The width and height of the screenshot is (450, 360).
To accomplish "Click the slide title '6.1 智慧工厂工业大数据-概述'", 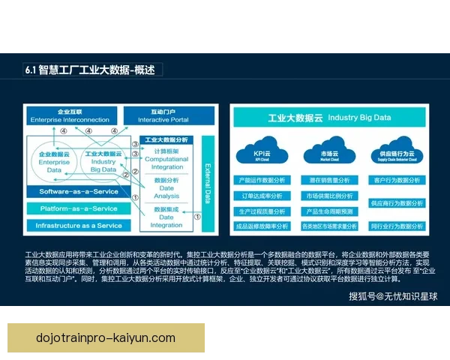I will (89, 70).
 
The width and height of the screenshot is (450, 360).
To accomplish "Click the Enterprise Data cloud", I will (54, 162).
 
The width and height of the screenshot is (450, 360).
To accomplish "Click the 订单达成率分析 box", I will (262, 196).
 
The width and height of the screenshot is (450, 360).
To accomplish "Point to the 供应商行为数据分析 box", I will (394, 203).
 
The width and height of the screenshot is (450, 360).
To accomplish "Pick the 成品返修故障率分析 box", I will (262, 226).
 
